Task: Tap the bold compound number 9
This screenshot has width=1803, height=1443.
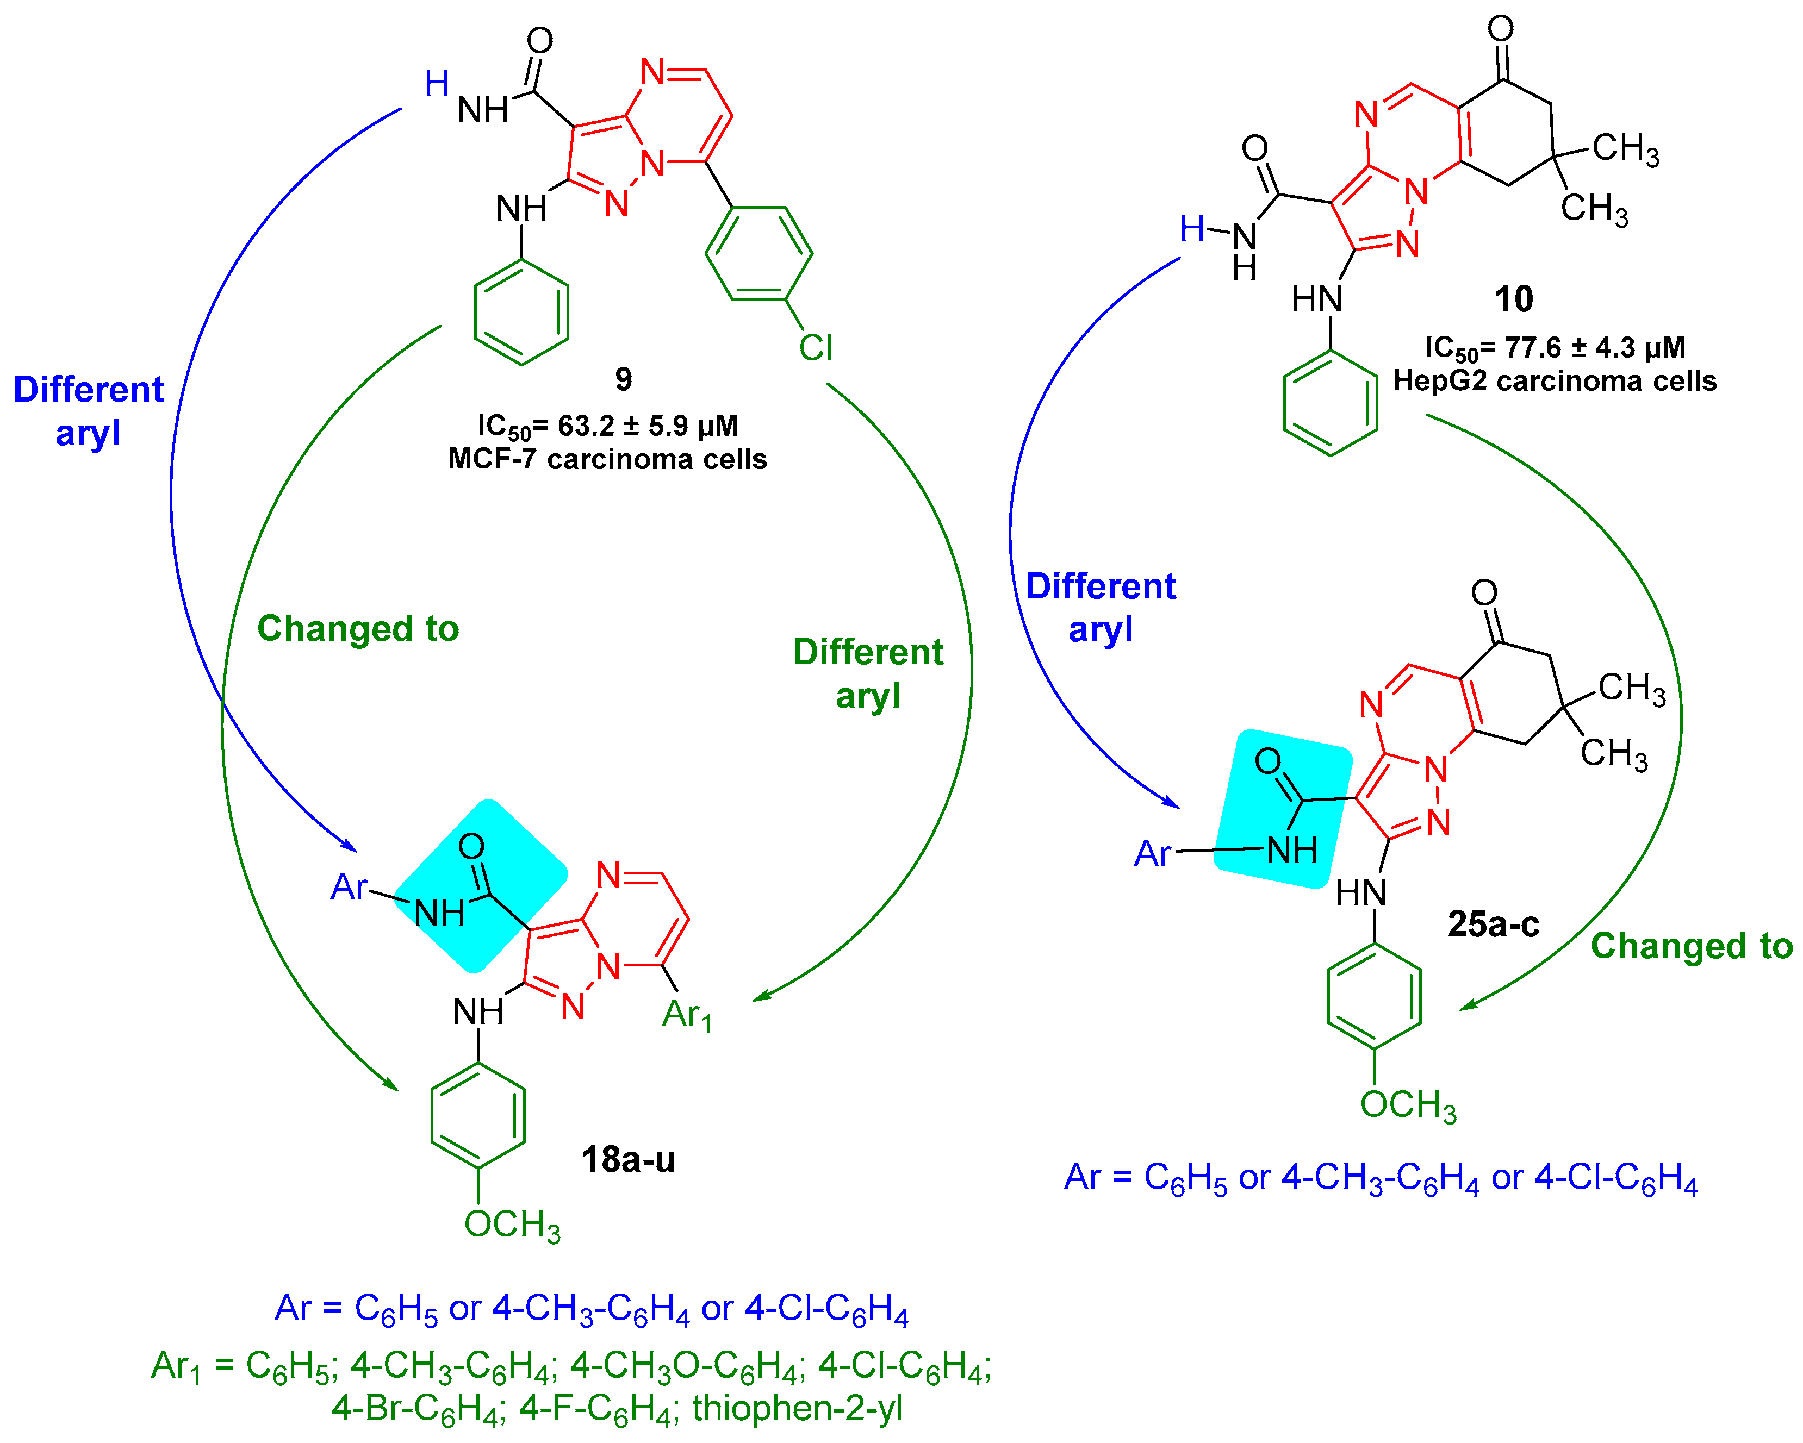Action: [x=623, y=379]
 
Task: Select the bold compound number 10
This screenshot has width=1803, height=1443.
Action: [x=1514, y=299]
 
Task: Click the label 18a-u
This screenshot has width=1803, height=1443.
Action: [x=628, y=1160]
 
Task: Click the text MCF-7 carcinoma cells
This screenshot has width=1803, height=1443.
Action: [x=607, y=459]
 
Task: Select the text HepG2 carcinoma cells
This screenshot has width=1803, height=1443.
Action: [x=1554, y=381]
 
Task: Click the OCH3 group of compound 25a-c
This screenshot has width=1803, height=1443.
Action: [x=1408, y=1104]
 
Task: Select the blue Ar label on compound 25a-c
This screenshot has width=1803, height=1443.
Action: [x=1152, y=854]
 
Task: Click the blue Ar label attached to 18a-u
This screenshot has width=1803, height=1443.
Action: [x=349, y=887]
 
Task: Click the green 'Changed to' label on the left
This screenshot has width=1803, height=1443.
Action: [x=358, y=629]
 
